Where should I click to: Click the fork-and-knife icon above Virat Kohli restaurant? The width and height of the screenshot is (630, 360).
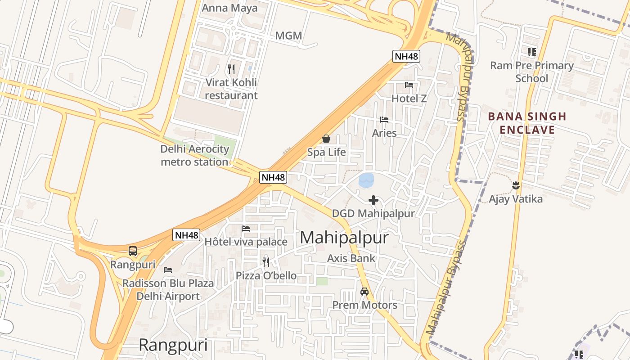231,69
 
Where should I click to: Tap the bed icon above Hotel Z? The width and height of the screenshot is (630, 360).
409,85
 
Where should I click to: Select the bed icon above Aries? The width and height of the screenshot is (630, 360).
384,120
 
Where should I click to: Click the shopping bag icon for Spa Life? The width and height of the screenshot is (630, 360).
326,139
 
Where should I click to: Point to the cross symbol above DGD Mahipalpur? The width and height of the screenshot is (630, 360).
373,200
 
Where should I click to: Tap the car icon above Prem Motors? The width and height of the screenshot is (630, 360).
364,292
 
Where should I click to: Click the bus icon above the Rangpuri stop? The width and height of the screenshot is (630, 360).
133,251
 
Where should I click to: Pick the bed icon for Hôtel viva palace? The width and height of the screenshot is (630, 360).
246,229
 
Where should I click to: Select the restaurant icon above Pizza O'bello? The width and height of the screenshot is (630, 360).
266,262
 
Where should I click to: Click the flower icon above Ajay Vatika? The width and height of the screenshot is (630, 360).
516,185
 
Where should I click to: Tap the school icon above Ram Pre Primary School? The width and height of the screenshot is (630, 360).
532,52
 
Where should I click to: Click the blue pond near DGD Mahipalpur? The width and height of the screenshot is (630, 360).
366,180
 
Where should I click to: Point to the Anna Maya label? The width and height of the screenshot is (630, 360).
229,8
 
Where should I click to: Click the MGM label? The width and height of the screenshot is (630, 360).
288,36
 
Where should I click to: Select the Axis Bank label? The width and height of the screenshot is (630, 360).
351,258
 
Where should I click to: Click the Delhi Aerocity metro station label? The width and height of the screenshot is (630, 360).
195,155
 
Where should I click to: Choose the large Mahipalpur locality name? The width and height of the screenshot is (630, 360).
344,238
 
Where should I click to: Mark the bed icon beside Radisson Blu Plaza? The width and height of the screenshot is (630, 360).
168,270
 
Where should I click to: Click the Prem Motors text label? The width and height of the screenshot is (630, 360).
364,305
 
